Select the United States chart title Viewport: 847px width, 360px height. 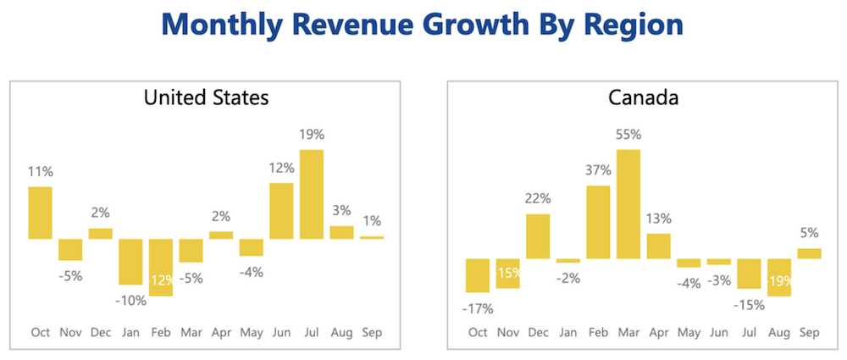(206, 97)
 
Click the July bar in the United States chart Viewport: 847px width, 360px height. (311, 194)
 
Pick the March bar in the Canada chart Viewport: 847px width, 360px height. (628, 203)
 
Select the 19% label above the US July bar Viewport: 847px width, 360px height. (311, 134)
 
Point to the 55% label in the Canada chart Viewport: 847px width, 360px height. (628, 134)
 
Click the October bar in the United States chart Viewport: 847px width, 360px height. (41, 213)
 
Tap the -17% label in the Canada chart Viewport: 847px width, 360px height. (477, 308)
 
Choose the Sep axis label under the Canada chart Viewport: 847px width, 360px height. (809, 333)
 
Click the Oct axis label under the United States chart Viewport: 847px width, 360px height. (41, 333)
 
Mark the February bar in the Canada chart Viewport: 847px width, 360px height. (598, 222)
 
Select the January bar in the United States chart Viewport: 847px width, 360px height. (130, 262)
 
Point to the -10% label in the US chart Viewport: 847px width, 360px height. (130, 300)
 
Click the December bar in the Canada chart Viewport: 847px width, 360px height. (538, 236)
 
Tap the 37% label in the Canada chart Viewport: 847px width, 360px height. (598, 169)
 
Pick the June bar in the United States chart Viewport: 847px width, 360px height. (281, 211)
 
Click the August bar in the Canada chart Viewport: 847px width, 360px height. (778, 278)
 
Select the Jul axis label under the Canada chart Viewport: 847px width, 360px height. (749, 333)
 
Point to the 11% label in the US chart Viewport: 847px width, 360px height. (41, 171)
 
